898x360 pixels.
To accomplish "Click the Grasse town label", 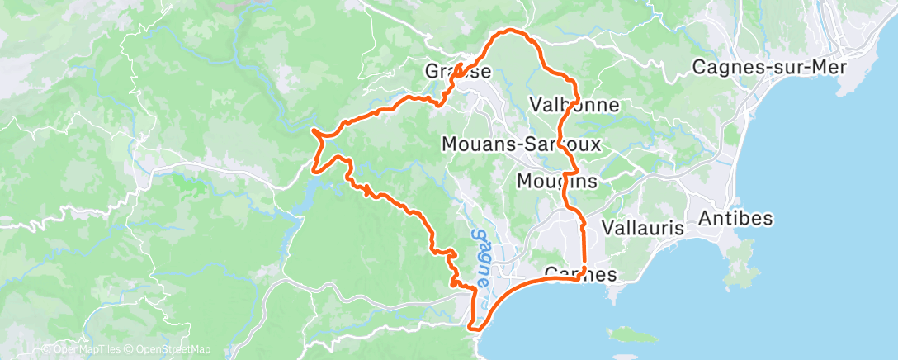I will (458, 71).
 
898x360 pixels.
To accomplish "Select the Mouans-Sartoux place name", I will (521, 144).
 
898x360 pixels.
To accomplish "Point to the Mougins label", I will (556, 180).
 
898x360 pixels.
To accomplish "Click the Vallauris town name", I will (644, 227).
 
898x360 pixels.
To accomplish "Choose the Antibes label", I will (735, 219).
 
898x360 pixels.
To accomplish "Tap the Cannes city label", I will (581, 274).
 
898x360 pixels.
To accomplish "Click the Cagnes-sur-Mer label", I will (770, 67).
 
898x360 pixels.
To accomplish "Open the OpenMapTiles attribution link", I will (81, 349).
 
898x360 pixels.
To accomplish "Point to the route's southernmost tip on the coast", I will (475, 328).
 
